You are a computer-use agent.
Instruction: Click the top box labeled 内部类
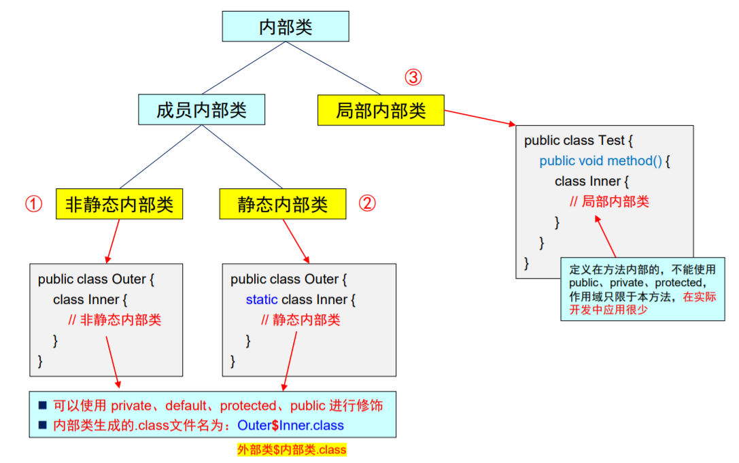click(x=286, y=27)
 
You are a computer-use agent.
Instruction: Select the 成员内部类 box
click(x=201, y=110)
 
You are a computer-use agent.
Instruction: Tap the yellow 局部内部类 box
click(x=381, y=110)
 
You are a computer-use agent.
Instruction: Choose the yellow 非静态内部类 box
click(x=120, y=204)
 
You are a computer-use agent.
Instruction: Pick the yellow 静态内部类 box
click(x=283, y=204)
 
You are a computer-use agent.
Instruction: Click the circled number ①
click(x=34, y=204)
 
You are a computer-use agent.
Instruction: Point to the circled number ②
click(x=367, y=204)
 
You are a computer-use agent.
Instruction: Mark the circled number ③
click(x=413, y=78)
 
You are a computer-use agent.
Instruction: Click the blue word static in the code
click(x=262, y=299)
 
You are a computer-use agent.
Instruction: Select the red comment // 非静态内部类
click(x=115, y=320)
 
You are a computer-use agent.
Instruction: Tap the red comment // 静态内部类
click(x=300, y=320)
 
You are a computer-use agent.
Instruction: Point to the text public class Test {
click(x=579, y=141)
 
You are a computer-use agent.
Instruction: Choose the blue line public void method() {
click(x=605, y=161)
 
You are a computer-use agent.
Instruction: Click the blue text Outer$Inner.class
click(x=290, y=426)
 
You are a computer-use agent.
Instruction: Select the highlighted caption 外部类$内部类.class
click(x=292, y=449)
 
